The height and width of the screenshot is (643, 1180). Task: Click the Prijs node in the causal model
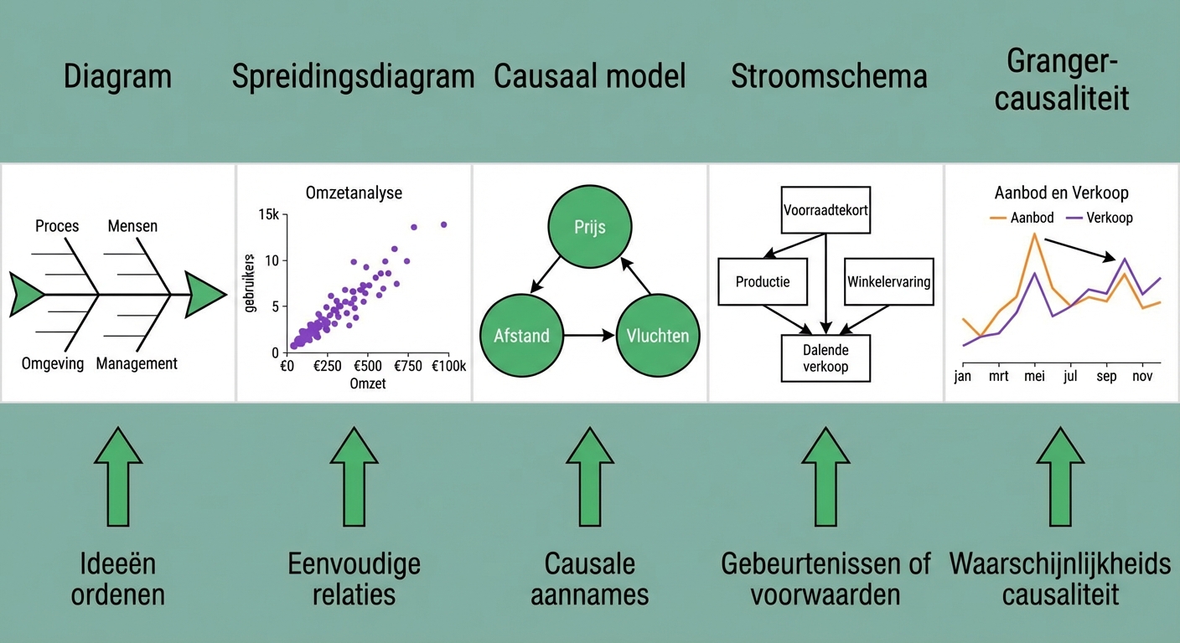589,227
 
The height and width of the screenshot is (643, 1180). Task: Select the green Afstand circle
521,335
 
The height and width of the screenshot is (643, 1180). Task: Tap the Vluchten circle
658,335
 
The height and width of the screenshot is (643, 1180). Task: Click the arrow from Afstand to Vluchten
589,335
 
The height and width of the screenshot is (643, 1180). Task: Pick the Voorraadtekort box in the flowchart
825,210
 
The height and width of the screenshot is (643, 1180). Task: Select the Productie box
763,281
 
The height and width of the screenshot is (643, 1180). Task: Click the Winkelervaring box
889,281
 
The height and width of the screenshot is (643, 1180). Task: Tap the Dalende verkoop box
825,358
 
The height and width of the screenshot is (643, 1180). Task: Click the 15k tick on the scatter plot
269,214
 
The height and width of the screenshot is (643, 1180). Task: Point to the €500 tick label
368,366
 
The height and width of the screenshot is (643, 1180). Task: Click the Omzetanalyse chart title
354,193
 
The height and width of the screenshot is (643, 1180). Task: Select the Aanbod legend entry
1022,218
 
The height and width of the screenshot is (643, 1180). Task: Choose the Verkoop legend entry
1100,218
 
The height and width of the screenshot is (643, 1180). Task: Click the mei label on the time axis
1035,376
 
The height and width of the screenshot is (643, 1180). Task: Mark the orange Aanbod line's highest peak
1035,234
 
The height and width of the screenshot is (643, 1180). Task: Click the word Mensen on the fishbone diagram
132,226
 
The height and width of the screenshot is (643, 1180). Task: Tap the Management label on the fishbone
137,363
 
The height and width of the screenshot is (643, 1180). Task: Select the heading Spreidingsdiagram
354,77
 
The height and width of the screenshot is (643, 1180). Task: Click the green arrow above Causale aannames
590,476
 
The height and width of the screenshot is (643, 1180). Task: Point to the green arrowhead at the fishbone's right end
205,295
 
